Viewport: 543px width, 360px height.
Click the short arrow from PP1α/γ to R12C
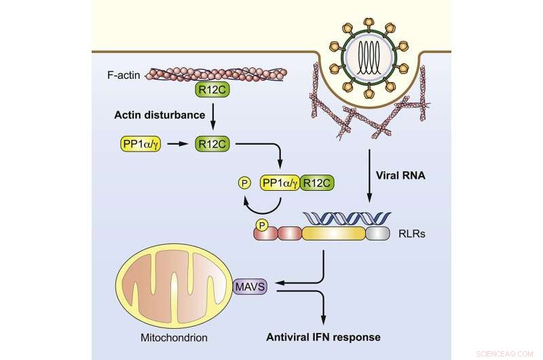pyautogui.click(x=179, y=144)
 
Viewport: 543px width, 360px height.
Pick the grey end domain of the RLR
pyautogui.click(x=379, y=234)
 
